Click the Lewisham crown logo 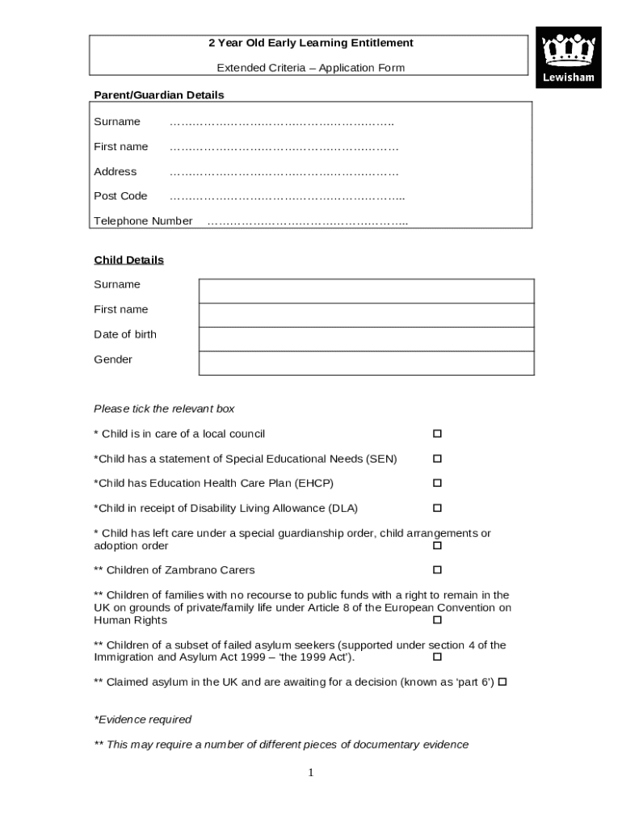pos(569,57)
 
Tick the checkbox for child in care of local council pos(437,434)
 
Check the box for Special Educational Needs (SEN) pos(437,459)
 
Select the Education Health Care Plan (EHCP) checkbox pos(437,483)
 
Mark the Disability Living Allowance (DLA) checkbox pos(437,508)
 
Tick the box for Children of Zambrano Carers pos(437,570)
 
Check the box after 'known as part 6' pos(502,682)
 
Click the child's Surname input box pos(366,291)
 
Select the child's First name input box pos(366,315)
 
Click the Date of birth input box pos(366,339)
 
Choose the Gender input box pos(366,363)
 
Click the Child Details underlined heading pos(128,260)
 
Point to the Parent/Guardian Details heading pos(158,95)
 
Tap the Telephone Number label pos(143,221)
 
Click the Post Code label pos(120,196)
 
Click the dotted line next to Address pos(284,172)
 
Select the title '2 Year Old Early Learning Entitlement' pos(311,43)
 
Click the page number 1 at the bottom pos(310,773)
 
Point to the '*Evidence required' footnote pos(142,720)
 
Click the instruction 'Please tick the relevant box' pos(164,409)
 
